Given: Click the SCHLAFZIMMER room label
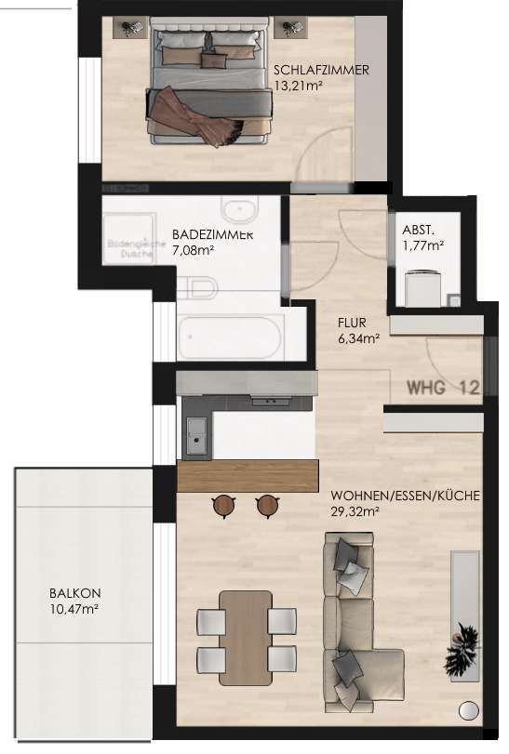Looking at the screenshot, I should click(321, 70).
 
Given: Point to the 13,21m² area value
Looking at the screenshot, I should click(298, 86).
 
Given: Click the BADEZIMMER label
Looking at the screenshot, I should click(213, 235).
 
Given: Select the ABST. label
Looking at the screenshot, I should click(418, 231).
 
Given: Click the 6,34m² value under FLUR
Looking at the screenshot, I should click(357, 339).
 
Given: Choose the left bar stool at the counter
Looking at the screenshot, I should click(223, 505).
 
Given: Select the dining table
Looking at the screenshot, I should click(247, 631).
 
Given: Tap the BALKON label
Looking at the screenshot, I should click(75, 593).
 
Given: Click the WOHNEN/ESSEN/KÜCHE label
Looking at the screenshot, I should click(405, 496).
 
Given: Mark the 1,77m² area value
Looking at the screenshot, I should click(422, 246).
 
